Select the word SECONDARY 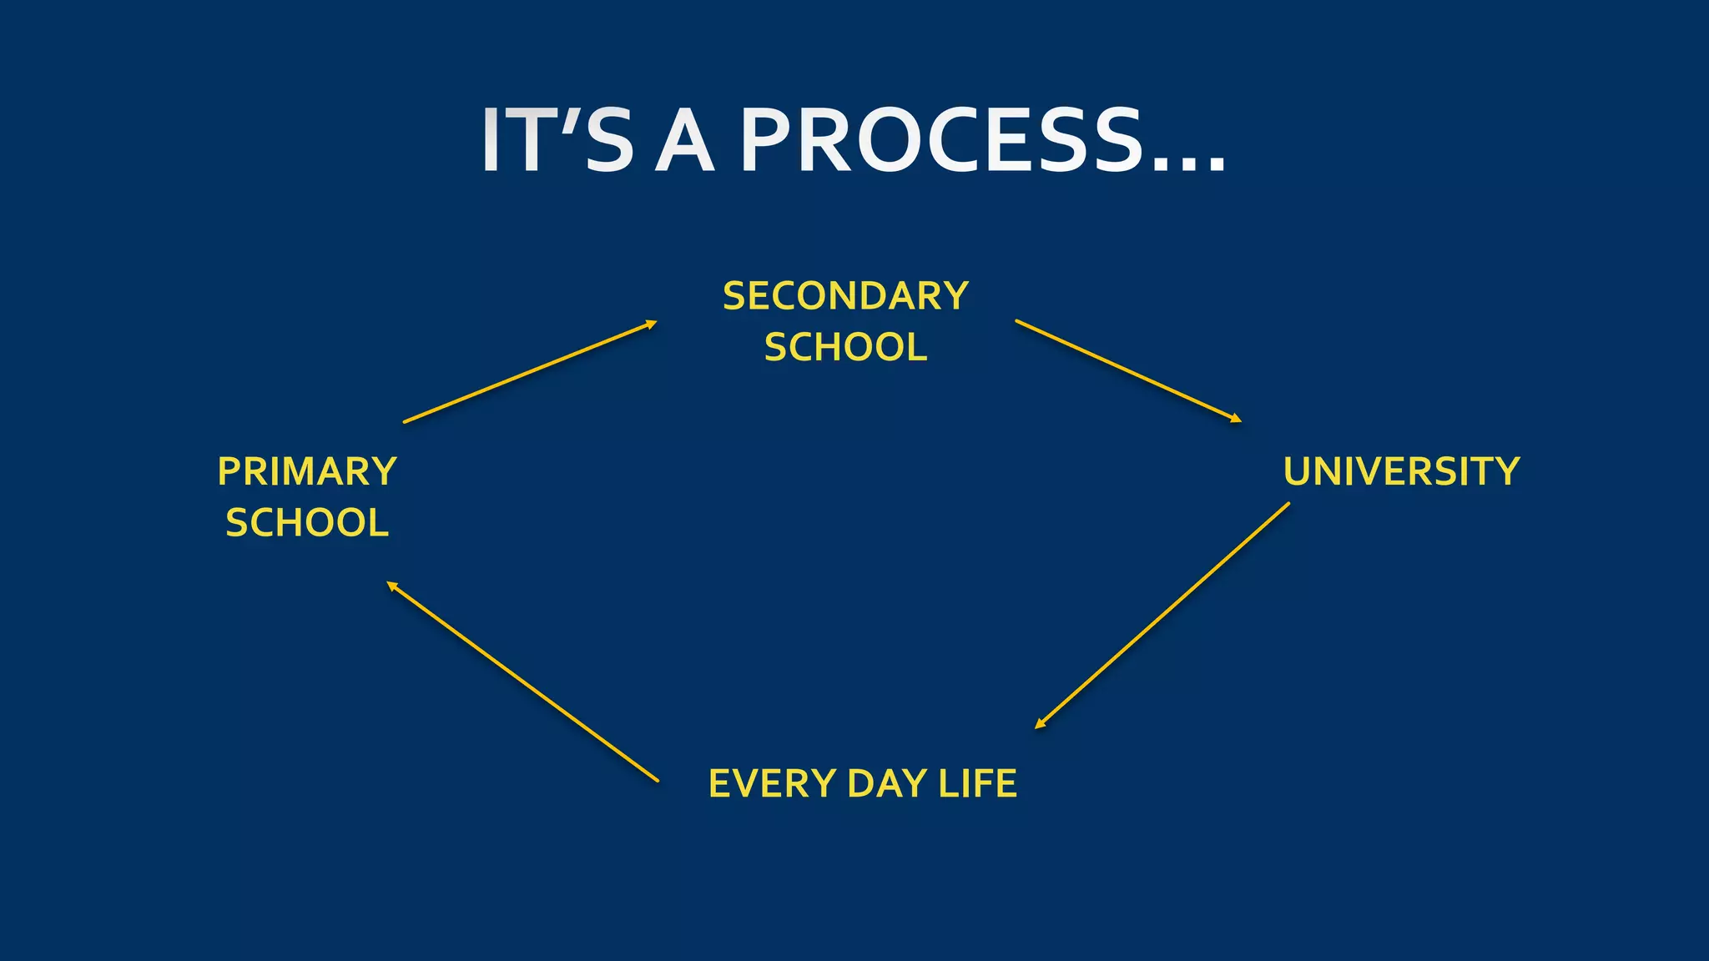845,296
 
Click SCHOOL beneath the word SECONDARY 845,347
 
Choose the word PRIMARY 307,471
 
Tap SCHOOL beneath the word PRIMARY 307,523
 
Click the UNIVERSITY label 1402,471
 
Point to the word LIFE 977,784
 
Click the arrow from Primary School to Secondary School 531,372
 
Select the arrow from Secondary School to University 1128,371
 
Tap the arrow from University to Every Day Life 1162,616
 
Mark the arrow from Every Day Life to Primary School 522,682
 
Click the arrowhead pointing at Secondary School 651,325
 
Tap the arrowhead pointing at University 1236,419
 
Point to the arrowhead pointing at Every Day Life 1040,724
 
